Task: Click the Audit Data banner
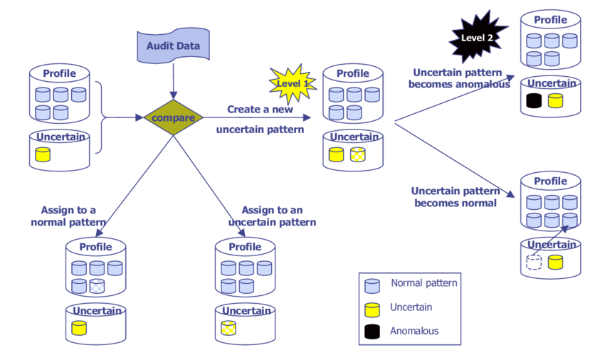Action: pos(173,46)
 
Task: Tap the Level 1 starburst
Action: pos(292,82)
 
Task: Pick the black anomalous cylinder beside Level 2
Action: pos(534,101)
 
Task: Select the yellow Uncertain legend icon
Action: pos(372,309)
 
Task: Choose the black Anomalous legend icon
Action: pos(372,332)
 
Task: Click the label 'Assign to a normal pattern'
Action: pos(68,216)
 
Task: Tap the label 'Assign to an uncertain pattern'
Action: pos(272,216)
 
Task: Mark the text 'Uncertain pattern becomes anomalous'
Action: pos(461,78)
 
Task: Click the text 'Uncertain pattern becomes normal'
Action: pos(456,196)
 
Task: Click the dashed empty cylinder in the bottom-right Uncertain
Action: pos(533,262)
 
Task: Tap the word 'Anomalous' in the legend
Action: pos(414,331)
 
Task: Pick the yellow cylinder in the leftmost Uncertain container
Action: pos(43,154)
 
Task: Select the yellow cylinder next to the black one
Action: pos(555,101)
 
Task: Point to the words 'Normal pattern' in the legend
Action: pos(424,283)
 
